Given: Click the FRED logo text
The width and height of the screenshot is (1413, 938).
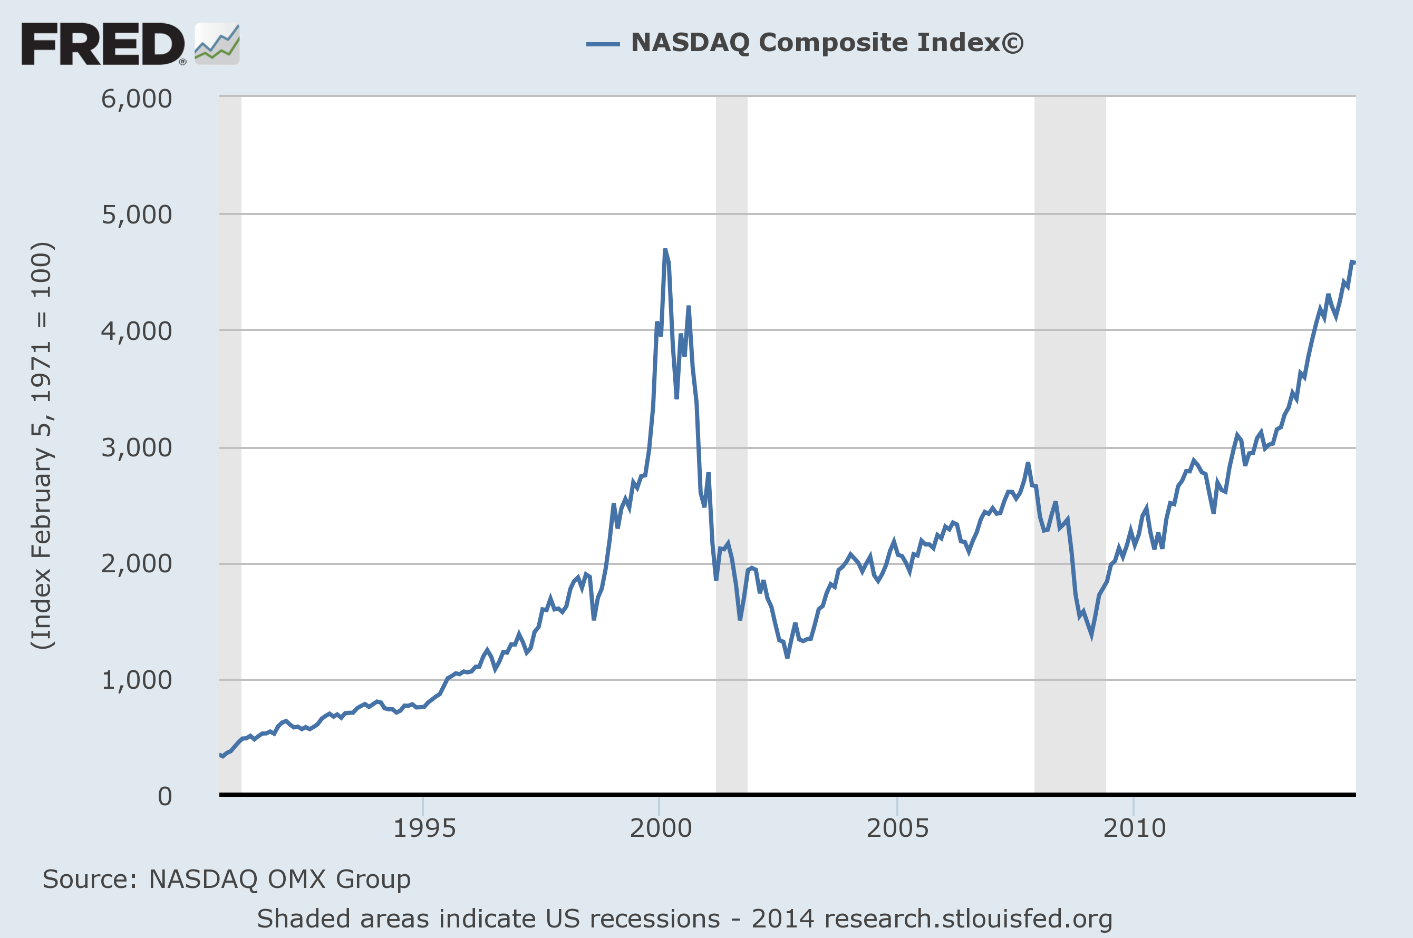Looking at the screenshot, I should click(x=103, y=44).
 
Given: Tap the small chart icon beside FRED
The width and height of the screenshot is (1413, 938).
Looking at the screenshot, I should click(x=217, y=44).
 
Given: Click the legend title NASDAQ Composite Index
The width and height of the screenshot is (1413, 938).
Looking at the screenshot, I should click(x=827, y=43).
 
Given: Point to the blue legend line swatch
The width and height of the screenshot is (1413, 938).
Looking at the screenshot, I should click(x=603, y=44).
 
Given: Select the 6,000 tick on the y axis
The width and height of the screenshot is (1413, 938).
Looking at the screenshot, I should click(x=137, y=99).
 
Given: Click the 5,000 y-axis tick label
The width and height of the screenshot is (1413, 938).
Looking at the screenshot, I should click(x=137, y=215).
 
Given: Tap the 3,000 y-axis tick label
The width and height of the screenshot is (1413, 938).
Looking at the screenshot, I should click(x=137, y=447).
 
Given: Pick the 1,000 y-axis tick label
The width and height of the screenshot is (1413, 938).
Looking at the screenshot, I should click(x=137, y=680).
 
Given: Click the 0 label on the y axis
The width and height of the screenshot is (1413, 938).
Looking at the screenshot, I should click(x=164, y=796).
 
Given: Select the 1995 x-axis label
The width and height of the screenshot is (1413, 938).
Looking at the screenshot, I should click(x=424, y=828).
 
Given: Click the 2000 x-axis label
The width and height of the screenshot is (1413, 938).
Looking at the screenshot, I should click(x=660, y=828).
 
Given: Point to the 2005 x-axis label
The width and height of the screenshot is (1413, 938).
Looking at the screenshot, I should click(x=897, y=828).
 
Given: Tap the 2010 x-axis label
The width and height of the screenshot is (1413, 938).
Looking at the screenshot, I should click(x=1134, y=828).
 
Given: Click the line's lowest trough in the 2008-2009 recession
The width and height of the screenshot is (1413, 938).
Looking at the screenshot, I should click(x=1091, y=637).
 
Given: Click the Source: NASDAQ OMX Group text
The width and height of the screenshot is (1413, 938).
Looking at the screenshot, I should click(x=226, y=880).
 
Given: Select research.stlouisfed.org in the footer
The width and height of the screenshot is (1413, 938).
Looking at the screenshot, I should click(x=967, y=919).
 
